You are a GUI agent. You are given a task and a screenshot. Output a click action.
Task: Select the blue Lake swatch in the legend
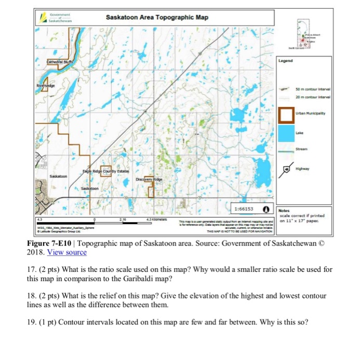(286, 133)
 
